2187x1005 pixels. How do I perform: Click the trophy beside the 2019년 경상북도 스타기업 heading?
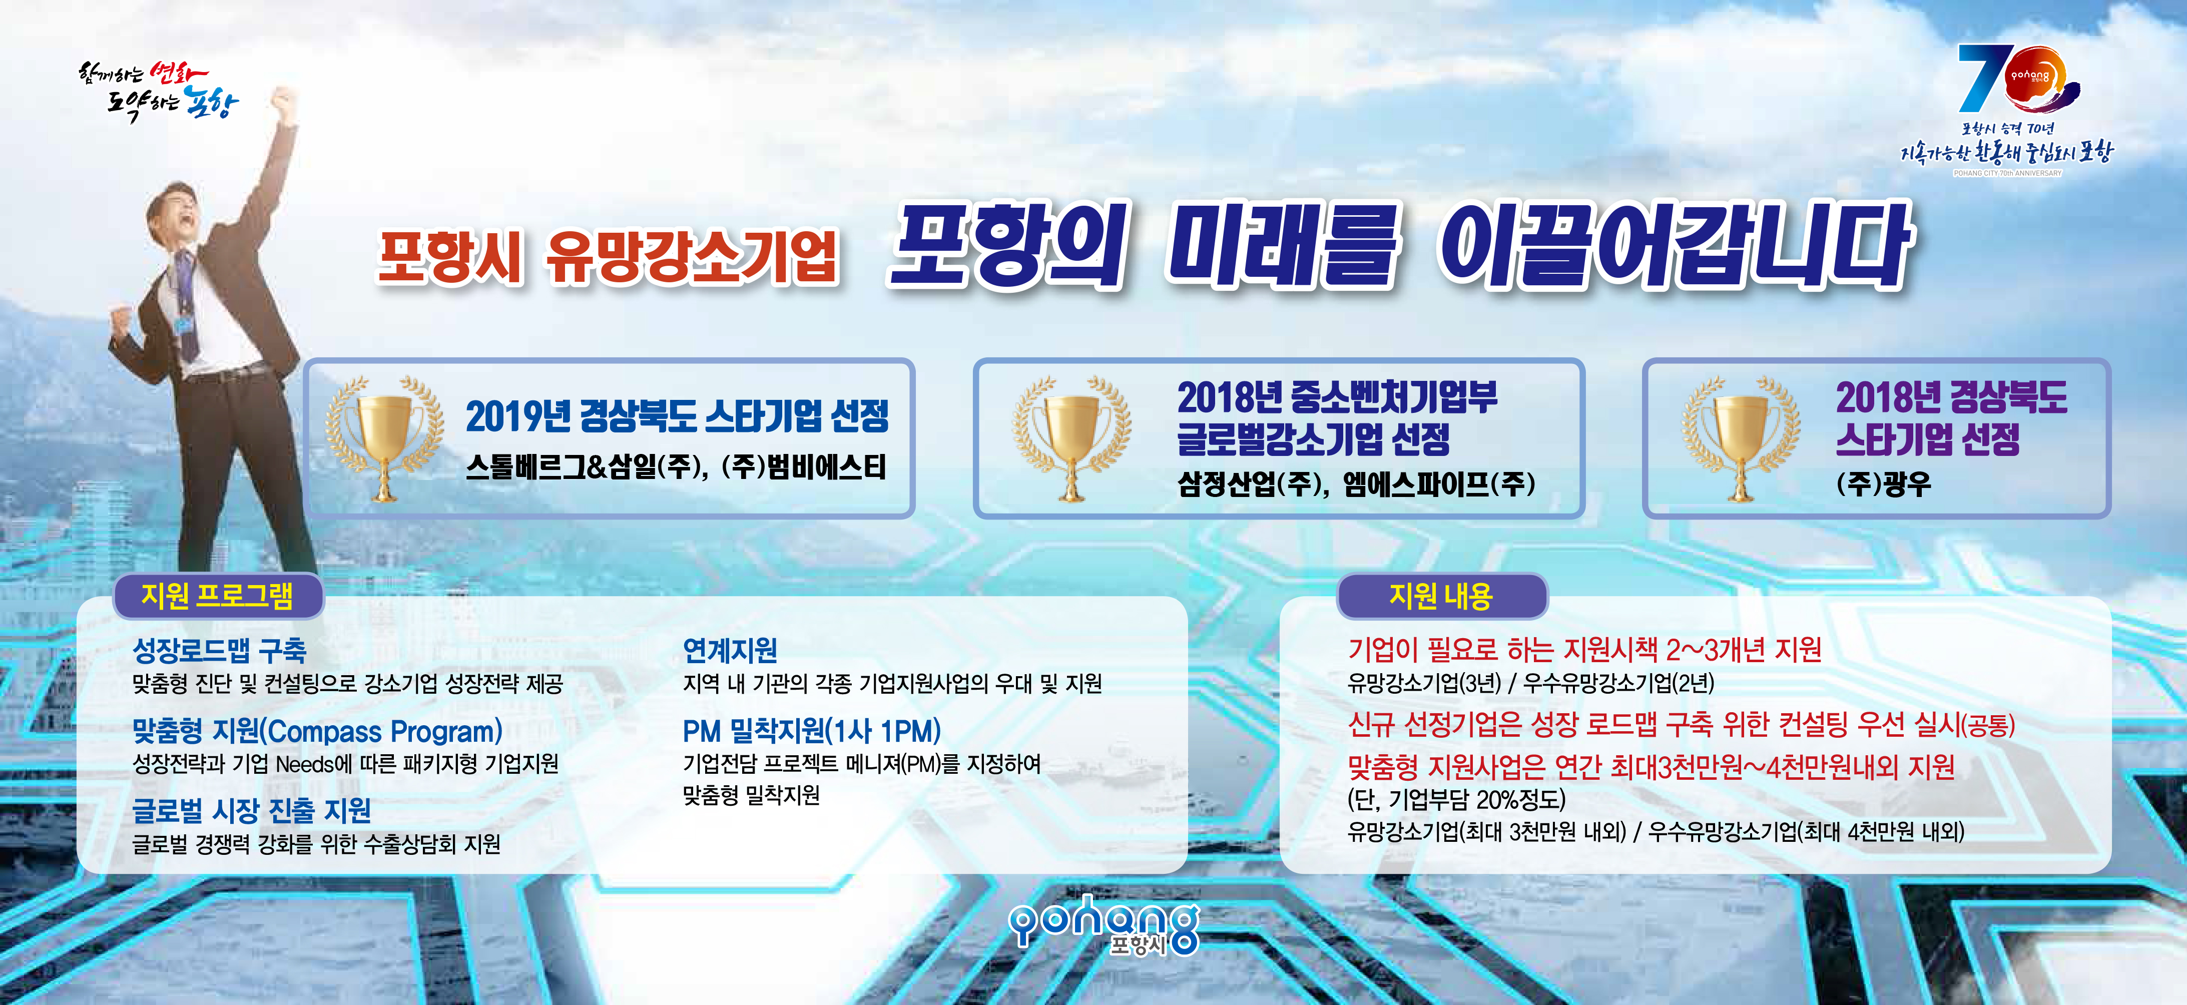tap(384, 437)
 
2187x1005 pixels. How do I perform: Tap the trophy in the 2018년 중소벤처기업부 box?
tap(1071, 437)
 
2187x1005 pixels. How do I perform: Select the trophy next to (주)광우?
tap(1741, 437)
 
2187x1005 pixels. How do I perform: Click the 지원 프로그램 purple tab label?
tap(217, 596)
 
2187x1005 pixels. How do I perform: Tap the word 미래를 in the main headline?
tap(1282, 246)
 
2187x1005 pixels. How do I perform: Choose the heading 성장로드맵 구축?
tap(219, 650)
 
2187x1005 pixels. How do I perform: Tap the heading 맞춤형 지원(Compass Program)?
tap(317, 731)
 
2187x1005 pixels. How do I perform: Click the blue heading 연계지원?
tap(730, 650)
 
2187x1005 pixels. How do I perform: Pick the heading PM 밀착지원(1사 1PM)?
tap(812, 731)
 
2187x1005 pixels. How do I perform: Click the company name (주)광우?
tap(1883, 484)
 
